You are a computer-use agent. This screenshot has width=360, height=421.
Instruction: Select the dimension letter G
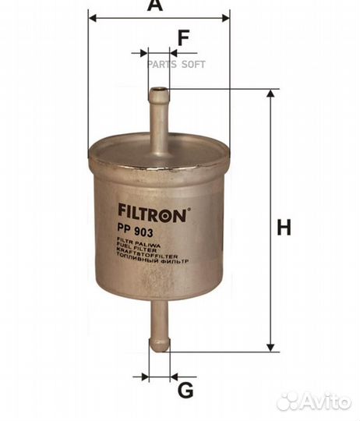pos(185,390)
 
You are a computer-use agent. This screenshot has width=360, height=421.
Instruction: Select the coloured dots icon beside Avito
pos(288,402)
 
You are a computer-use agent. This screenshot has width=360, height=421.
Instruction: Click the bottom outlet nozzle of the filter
pos(159,331)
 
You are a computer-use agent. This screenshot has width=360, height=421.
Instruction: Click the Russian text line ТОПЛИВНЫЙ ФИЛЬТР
pos(153,263)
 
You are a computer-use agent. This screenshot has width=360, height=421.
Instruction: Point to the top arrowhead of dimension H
pos(270,94)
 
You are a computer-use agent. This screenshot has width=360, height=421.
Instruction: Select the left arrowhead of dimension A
pos(92,16)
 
